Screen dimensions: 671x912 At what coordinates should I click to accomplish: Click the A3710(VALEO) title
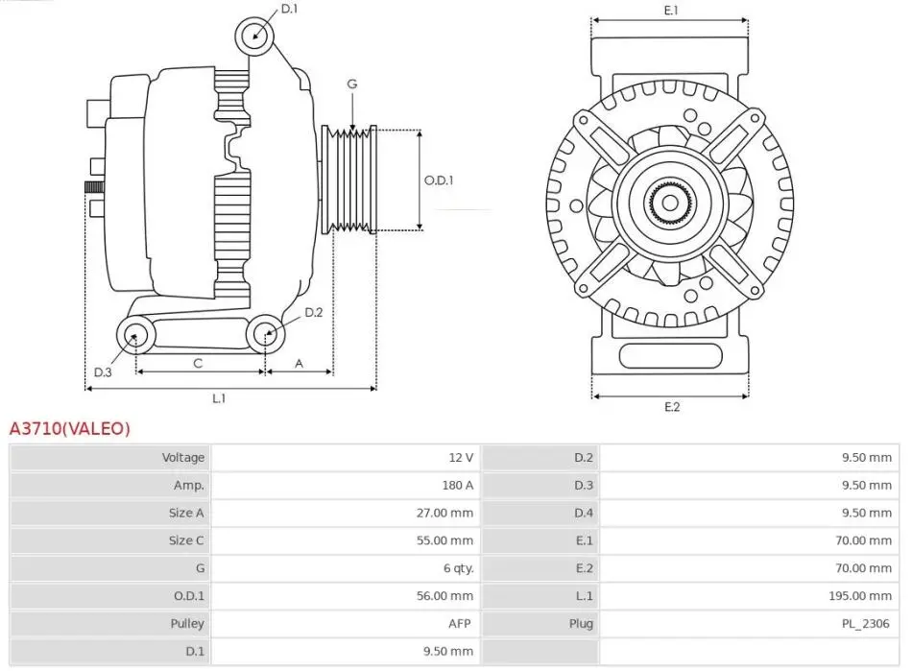tap(69, 429)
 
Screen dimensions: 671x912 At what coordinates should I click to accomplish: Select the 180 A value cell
tap(458, 486)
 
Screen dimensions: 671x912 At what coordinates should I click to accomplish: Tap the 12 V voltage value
tap(461, 458)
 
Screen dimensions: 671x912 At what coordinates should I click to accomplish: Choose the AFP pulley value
tap(462, 624)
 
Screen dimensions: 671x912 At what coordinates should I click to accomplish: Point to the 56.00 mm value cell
tap(446, 596)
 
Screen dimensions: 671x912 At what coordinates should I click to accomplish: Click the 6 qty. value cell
tap(458, 568)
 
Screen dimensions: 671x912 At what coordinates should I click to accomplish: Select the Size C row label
tap(186, 540)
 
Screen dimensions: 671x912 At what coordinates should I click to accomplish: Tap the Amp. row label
tap(189, 486)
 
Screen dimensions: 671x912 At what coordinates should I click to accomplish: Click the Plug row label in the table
tap(581, 624)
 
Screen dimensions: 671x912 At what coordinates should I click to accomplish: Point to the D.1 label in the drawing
tap(289, 10)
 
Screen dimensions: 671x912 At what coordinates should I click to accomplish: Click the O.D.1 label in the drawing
tap(439, 180)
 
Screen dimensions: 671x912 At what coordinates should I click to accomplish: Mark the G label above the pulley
tap(352, 84)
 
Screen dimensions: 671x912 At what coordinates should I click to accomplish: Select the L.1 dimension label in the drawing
tap(219, 397)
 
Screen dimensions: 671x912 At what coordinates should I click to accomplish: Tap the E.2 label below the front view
tap(671, 407)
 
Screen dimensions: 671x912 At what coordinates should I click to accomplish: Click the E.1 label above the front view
tap(671, 11)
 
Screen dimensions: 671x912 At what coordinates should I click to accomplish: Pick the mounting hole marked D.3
tap(135, 336)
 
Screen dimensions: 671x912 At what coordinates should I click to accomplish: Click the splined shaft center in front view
tap(669, 203)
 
